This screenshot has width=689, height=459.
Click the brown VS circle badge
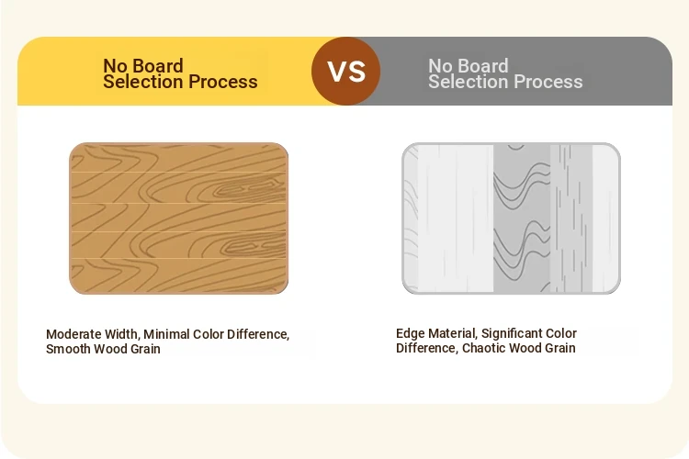point(345,72)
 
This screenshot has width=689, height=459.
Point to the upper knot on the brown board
point(251,190)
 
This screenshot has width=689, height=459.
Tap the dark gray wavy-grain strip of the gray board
point(522,218)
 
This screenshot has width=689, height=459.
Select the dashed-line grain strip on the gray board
point(571,218)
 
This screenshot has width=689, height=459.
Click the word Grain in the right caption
point(560,348)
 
